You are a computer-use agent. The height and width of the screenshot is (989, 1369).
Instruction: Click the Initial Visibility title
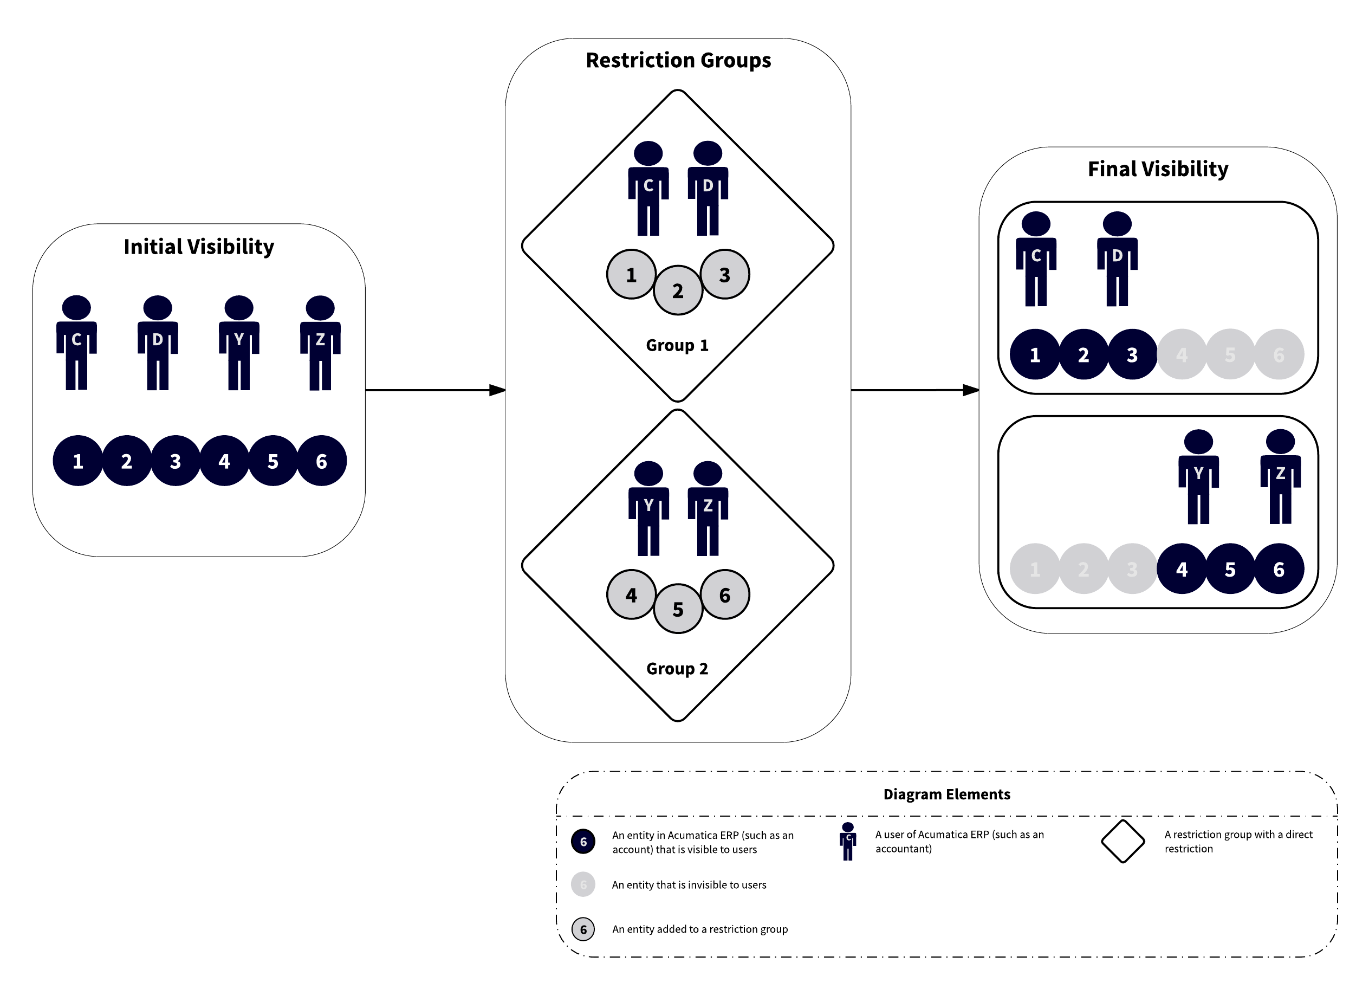pyautogui.click(x=199, y=247)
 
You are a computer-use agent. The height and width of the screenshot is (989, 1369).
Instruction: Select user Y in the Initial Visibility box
pyautogui.click(x=239, y=342)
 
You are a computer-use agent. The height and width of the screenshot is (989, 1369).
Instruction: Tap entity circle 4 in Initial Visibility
pyautogui.click(x=224, y=461)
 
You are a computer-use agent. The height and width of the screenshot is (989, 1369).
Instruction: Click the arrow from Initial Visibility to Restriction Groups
pyautogui.click(x=434, y=390)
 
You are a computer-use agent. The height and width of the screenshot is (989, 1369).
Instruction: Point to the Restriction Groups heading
pyautogui.click(x=678, y=60)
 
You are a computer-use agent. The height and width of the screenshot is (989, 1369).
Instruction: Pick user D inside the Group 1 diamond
pyautogui.click(x=708, y=188)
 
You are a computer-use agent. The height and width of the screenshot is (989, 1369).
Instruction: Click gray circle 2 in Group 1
pyautogui.click(x=678, y=290)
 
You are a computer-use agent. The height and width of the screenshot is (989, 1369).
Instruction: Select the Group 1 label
pyautogui.click(x=677, y=345)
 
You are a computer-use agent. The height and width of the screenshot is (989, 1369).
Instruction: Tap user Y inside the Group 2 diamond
pyautogui.click(x=648, y=508)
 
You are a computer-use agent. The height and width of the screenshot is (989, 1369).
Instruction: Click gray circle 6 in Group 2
pyautogui.click(x=724, y=594)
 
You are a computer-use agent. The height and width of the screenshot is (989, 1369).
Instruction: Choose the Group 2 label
pyautogui.click(x=677, y=668)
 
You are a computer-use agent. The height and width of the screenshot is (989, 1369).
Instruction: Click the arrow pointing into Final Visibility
pyautogui.click(x=914, y=390)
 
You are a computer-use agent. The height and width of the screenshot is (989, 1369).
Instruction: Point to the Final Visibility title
pyautogui.click(x=1157, y=169)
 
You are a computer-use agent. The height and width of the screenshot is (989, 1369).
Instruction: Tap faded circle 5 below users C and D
pyautogui.click(x=1230, y=354)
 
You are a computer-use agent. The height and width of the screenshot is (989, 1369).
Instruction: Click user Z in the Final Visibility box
pyautogui.click(x=1280, y=476)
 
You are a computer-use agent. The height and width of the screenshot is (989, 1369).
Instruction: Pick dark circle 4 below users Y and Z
pyautogui.click(x=1181, y=569)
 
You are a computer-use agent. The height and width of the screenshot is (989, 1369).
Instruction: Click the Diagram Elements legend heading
pyautogui.click(x=946, y=794)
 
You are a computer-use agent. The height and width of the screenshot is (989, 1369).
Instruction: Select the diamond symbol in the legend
pyautogui.click(x=1123, y=841)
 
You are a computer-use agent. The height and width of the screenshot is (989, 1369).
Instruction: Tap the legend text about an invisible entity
pyautogui.click(x=689, y=884)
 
